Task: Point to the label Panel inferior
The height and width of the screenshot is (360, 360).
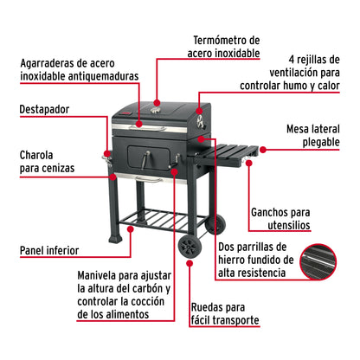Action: (54, 252)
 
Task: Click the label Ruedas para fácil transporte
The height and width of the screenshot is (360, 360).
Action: (223, 312)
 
